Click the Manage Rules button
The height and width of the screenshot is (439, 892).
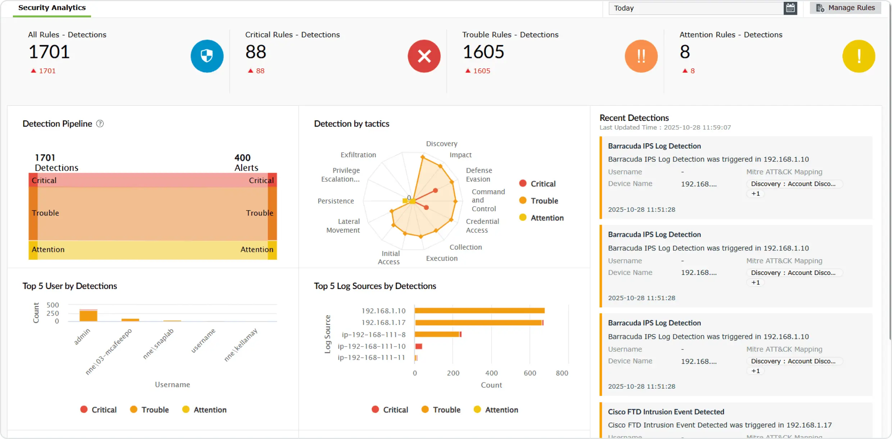coord(845,8)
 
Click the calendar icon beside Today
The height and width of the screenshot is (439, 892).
coord(790,8)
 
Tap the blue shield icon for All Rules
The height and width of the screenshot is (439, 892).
coord(207,56)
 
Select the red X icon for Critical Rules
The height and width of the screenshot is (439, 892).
coord(424,56)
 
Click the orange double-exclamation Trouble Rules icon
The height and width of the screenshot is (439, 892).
coord(641,56)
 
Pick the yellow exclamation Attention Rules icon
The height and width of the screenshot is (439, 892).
coord(859,56)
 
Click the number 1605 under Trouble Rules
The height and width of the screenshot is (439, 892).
coord(483,52)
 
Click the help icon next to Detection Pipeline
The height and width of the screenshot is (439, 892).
coord(100,124)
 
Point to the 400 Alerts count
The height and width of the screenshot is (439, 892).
coord(246,163)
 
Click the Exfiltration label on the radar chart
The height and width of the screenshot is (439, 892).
coord(358,155)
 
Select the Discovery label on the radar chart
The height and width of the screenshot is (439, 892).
coord(442,144)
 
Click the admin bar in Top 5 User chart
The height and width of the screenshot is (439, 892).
coord(88,316)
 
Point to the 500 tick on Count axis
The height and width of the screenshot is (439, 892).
coord(53,305)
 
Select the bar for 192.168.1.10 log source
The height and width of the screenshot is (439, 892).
coord(479,311)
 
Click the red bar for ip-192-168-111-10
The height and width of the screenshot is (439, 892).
coord(419,347)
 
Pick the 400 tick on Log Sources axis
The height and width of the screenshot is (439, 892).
coord(491,373)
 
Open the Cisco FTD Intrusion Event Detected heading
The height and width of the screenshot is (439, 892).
coord(666,412)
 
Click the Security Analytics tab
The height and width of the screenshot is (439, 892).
coord(52,8)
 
